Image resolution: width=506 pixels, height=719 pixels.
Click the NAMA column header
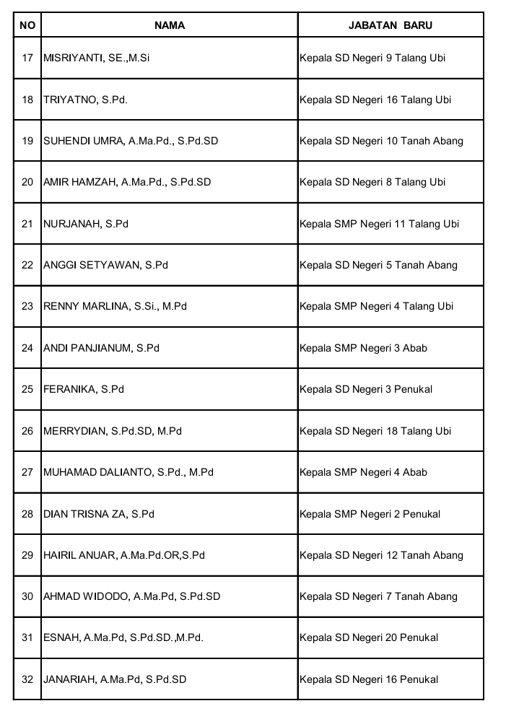click(170, 25)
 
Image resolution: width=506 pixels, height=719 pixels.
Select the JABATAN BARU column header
click(390, 25)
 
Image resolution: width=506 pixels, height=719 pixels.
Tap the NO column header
click(27, 25)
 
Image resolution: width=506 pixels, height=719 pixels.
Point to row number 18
click(27, 100)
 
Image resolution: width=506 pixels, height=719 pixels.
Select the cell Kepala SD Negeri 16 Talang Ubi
click(375, 100)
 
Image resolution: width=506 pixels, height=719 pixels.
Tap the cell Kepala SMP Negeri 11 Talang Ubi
click(379, 224)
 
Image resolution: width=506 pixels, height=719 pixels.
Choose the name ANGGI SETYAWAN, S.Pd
click(105, 265)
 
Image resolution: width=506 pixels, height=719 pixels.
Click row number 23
click(27, 306)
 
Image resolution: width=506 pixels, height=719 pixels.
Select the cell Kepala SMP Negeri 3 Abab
click(363, 348)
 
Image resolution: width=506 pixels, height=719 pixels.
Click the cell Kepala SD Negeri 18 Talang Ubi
click(375, 431)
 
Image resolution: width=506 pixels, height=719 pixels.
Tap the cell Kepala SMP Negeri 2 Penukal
click(370, 514)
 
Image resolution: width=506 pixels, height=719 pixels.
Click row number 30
click(27, 596)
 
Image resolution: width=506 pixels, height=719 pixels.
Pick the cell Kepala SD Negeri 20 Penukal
click(369, 637)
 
